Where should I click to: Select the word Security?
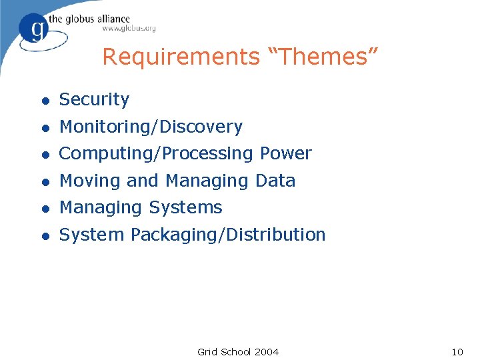point(94,100)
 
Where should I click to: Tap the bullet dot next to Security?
point(45,101)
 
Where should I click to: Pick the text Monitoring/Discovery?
point(151,127)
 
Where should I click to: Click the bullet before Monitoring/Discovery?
point(45,127)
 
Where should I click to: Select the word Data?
point(275,181)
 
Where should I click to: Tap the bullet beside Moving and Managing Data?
point(45,181)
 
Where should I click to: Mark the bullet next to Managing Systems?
point(45,209)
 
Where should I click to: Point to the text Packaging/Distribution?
point(228,235)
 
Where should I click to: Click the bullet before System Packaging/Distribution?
point(45,235)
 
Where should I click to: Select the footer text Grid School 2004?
point(238,351)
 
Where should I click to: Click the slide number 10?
point(457,351)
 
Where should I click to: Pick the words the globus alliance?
point(97,18)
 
